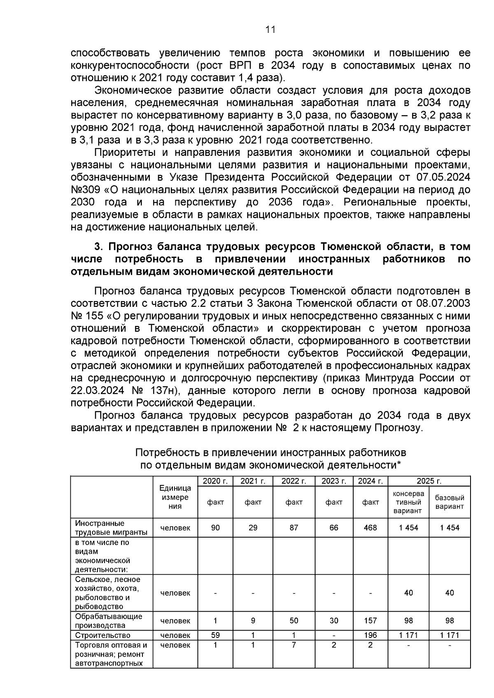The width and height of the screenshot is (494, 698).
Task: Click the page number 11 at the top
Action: click(270, 30)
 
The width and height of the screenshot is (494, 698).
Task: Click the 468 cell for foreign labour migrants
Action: click(370, 528)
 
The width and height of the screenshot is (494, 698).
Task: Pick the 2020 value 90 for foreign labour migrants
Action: click(215, 528)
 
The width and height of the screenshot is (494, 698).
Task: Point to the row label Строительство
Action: click(103, 635)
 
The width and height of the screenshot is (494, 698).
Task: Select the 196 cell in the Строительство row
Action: click(370, 635)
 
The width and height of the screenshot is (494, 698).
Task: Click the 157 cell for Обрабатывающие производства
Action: click(370, 621)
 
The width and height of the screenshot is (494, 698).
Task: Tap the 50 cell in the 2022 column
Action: click(294, 621)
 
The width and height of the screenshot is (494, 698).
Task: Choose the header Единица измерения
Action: click(175, 497)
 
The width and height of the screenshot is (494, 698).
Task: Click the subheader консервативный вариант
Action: click(408, 502)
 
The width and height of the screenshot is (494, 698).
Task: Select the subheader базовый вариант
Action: click(450, 502)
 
